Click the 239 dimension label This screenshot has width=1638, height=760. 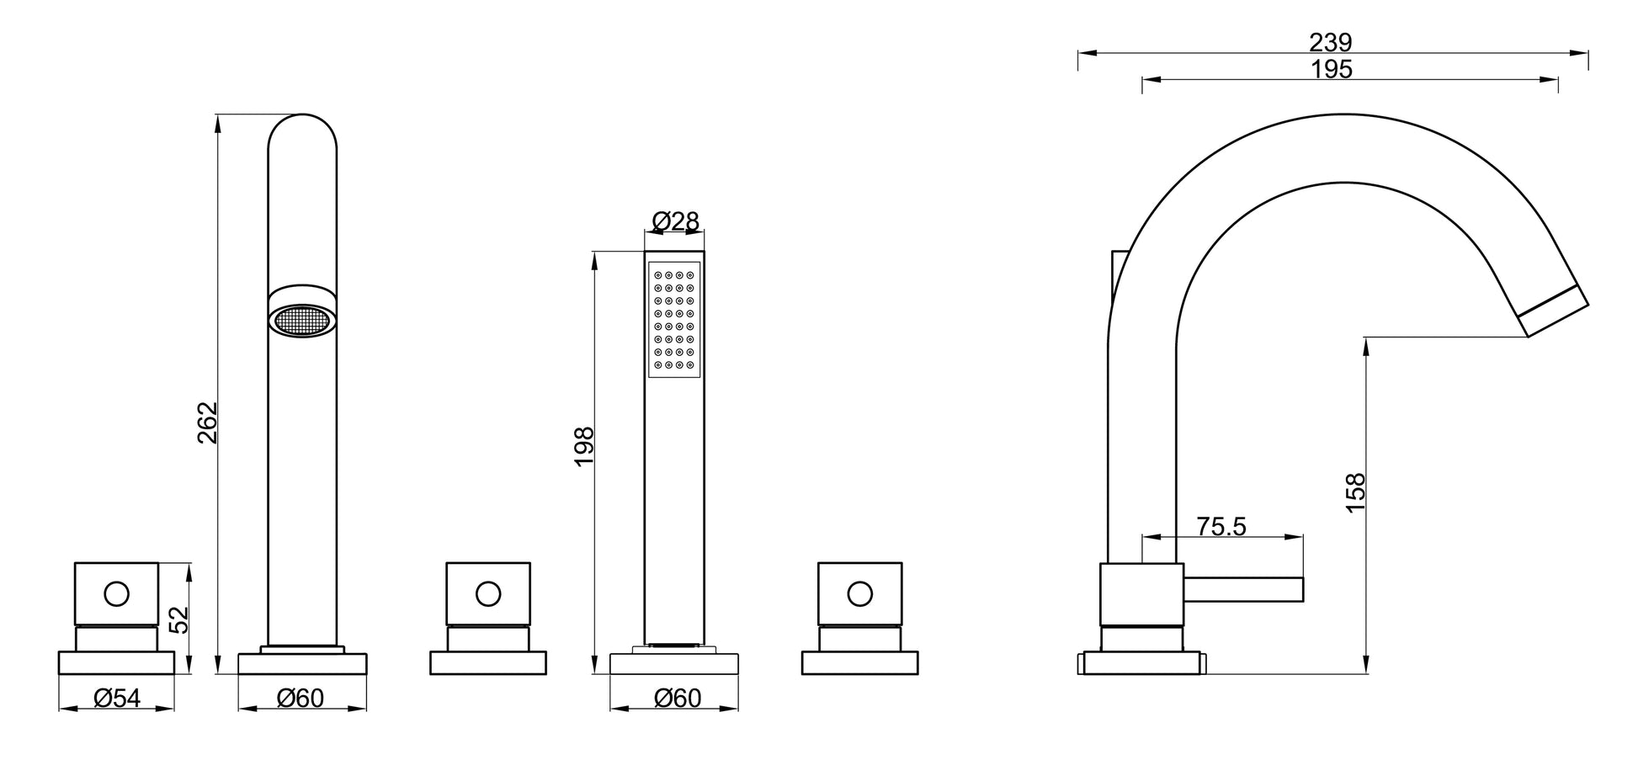coord(1330,41)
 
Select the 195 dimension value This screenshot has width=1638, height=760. coord(1332,69)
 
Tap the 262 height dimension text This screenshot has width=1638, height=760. coord(207,423)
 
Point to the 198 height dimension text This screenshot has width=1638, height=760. coord(584,447)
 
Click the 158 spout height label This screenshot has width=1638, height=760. coord(1355,492)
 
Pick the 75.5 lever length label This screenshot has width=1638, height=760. coord(1221,526)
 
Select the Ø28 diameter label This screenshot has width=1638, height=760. coord(675,221)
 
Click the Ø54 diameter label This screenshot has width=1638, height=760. coord(117,698)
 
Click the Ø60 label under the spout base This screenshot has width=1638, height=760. coord(300,698)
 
